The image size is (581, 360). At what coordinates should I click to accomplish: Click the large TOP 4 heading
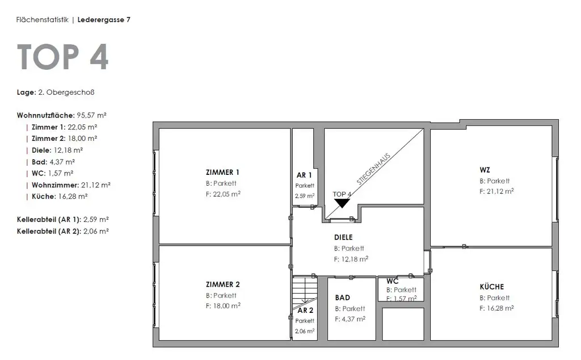[x=62, y=57]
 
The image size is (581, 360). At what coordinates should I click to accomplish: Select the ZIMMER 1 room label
[x=222, y=172]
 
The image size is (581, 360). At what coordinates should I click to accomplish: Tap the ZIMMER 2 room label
[x=222, y=284]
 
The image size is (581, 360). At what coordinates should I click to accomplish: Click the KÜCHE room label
[x=491, y=287]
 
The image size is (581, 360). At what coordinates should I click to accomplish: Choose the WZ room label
[x=485, y=170]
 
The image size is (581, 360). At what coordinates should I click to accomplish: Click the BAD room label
[x=343, y=298]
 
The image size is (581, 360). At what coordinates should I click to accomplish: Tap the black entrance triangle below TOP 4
[x=342, y=203]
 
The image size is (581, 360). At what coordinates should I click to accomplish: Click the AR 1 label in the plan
[x=304, y=175]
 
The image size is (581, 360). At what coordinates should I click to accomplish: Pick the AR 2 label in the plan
[x=305, y=310]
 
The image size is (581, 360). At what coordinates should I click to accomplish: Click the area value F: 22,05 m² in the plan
[x=223, y=194]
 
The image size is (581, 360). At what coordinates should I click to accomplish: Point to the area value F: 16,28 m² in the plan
[x=496, y=308]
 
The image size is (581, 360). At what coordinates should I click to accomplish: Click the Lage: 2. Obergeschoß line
[x=52, y=91]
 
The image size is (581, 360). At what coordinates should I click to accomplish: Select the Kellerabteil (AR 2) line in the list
[x=63, y=231]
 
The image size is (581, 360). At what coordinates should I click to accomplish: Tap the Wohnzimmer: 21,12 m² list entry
[x=70, y=185]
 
